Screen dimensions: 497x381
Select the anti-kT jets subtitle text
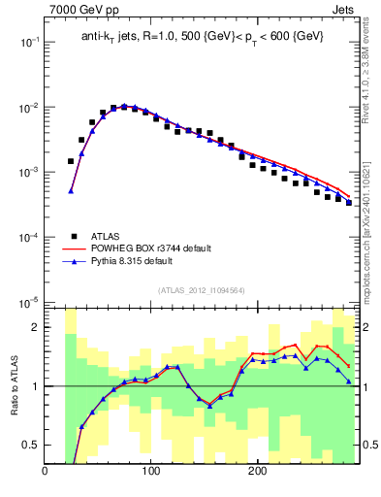(x=202, y=37)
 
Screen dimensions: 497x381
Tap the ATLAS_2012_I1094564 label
(x=201, y=290)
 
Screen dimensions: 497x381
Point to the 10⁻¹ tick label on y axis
(x=28, y=43)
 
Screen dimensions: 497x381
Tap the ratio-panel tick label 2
(x=36, y=327)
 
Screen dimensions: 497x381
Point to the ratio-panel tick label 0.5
(x=32, y=446)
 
